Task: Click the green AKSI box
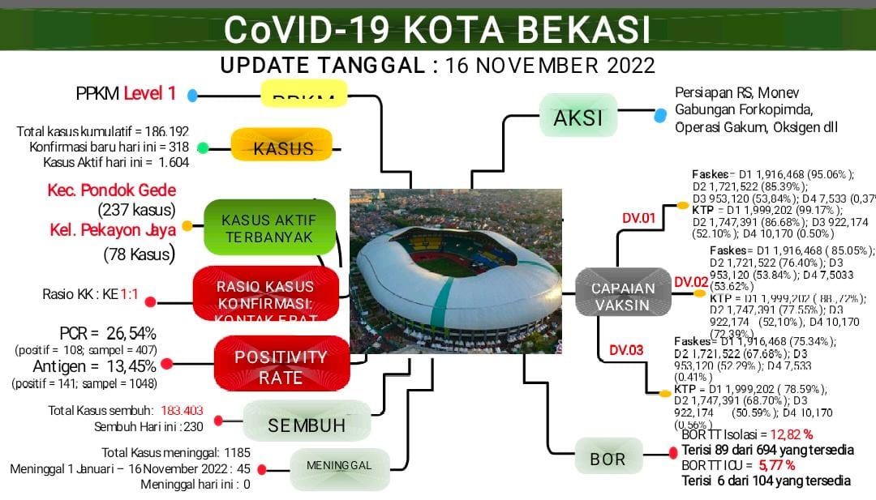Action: tap(578, 118)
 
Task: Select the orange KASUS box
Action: tap(282, 148)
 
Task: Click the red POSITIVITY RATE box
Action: tap(281, 367)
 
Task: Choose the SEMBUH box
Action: tap(307, 425)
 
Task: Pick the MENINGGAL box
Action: tap(339, 465)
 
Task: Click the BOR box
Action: tap(608, 459)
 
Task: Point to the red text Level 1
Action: tap(149, 93)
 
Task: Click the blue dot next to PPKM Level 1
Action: tap(193, 96)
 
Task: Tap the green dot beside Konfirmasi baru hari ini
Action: tap(203, 147)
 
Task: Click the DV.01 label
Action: tap(638, 217)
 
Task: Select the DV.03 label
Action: tap(626, 350)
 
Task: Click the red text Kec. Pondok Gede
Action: tap(112, 190)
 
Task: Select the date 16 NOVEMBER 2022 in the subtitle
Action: tap(550, 65)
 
